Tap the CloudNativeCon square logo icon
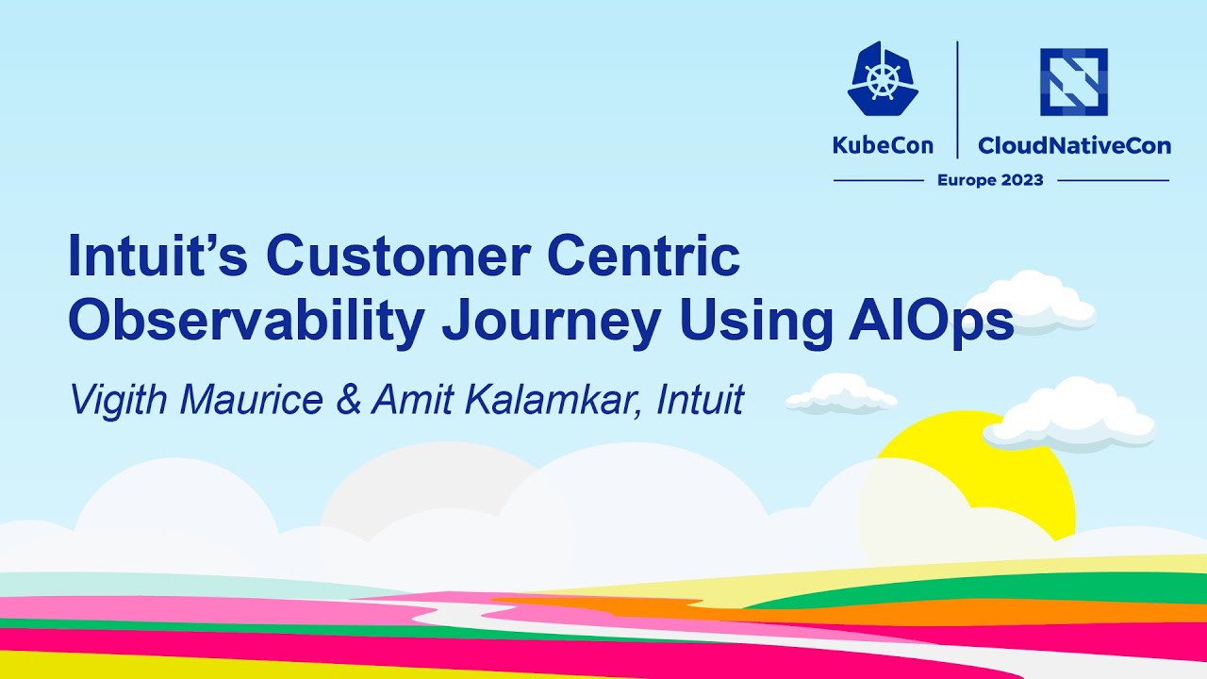[1073, 82]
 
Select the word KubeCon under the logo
[883, 145]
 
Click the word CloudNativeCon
[1074, 145]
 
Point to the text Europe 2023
[990, 180]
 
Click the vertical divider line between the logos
[958, 99]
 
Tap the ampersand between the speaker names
[347, 400]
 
